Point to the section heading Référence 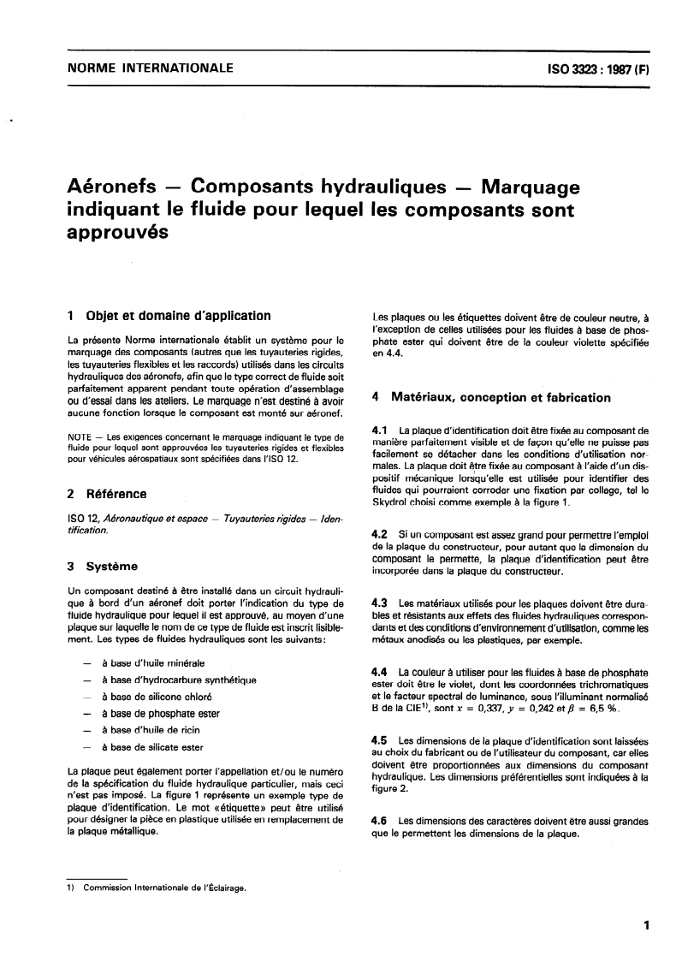tap(118, 493)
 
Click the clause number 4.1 tap(379, 429)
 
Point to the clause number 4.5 tap(379, 739)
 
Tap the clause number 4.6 tap(379, 821)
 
